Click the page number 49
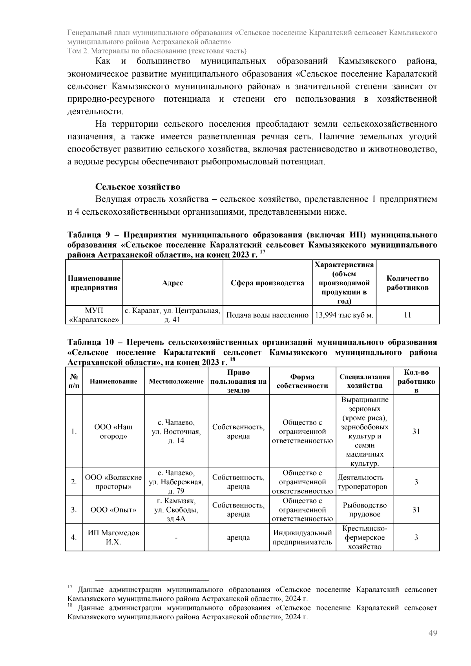(433, 633)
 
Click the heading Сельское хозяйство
(138, 186)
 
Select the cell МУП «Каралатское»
(94, 315)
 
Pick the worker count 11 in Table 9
(407, 315)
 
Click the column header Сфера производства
(267, 283)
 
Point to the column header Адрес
(172, 283)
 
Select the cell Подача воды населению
(267, 315)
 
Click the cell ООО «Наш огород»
(113, 431)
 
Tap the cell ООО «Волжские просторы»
(113, 482)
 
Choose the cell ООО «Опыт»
(113, 510)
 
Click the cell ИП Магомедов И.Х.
(113, 537)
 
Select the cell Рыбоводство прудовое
(365, 510)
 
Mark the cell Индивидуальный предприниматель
(302, 537)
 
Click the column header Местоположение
(176, 381)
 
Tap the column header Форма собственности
(302, 381)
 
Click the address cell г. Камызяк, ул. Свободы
(176, 510)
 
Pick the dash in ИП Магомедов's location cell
(176, 538)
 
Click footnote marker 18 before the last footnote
(69, 605)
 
